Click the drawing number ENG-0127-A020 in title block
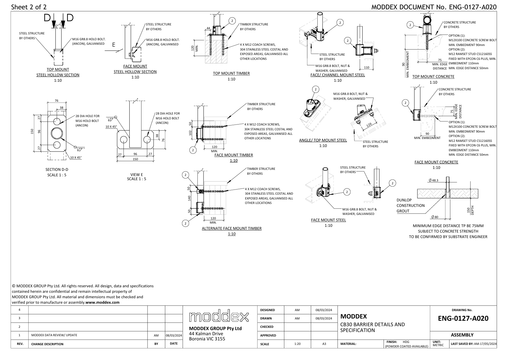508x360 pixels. point(463,318)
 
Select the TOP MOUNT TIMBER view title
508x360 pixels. point(231,73)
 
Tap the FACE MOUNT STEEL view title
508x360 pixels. point(328,220)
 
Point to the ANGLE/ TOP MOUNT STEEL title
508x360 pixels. point(323,140)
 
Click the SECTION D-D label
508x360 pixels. point(57,170)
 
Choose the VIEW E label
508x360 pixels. point(137,175)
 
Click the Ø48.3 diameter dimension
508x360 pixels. point(433,180)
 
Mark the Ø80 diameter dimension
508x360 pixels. point(435,217)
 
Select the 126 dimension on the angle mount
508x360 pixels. point(369,125)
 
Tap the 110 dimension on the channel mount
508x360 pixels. point(366,68)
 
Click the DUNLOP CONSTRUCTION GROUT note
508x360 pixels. point(410,206)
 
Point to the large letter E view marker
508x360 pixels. point(114,45)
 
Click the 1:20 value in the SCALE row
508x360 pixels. point(297,344)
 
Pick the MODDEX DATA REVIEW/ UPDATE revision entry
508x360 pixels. point(54,335)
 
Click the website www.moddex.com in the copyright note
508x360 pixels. point(103,302)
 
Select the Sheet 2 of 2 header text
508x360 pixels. point(29,7)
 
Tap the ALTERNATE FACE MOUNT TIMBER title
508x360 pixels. point(231,228)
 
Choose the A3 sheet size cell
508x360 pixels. point(324,344)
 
